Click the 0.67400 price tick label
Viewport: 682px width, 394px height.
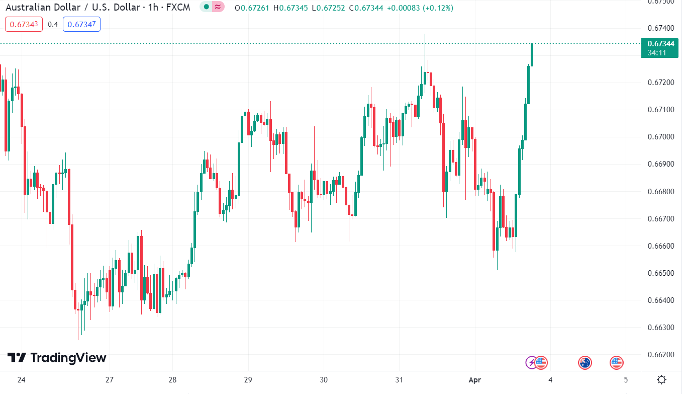click(x=660, y=27)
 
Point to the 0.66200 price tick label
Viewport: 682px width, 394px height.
click(x=660, y=355)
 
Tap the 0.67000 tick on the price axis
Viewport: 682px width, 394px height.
click(x=660, y=137)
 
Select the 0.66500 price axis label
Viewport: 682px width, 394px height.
click(x=660, y=273)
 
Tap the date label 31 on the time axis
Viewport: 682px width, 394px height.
click(x=399, y=380)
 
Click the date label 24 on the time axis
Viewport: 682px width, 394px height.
click(x=22, y=380)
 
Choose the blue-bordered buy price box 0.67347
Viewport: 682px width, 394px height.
click(x=81, y=24)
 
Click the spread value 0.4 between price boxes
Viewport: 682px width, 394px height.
click(x=53, y=24)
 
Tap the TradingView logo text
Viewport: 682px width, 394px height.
click(x=57, y=358)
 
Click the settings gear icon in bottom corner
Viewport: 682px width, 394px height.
click(x=662, y=380)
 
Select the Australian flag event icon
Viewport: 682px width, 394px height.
click(x=585, y=362)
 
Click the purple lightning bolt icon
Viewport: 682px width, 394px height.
click(x=531, y=362)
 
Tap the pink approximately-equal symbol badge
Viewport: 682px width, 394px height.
click(x=218, y=7)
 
